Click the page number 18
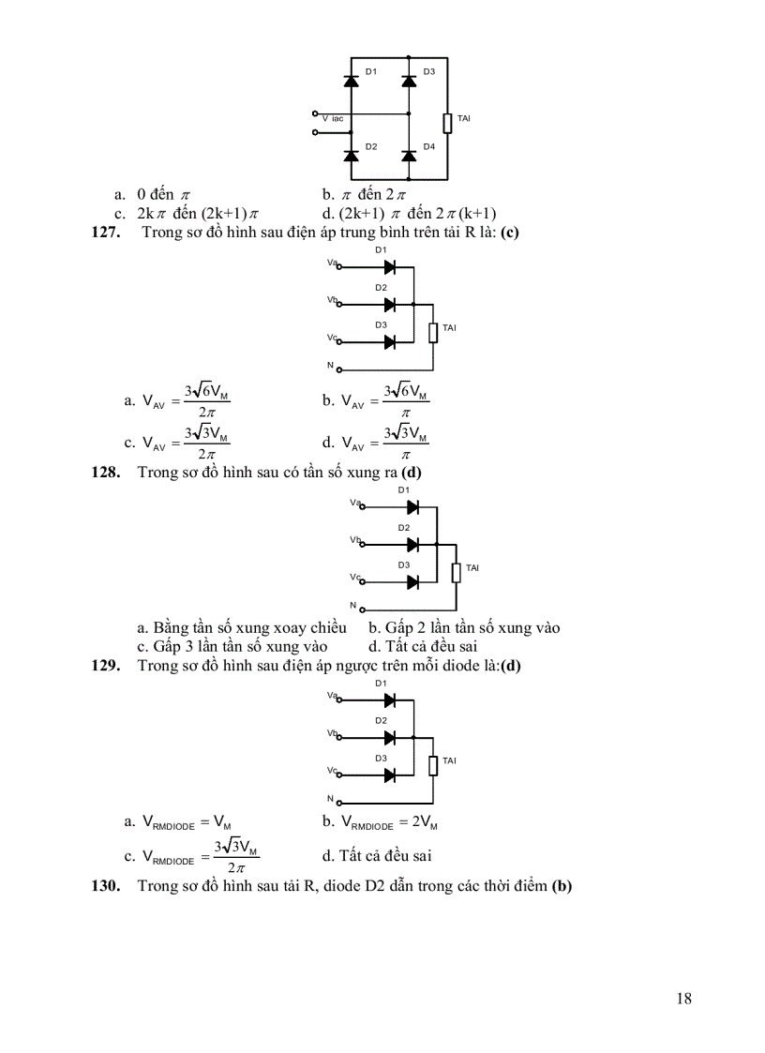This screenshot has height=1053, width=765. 683,999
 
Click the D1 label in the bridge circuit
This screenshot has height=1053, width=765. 371,72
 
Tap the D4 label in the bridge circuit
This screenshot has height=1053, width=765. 428,146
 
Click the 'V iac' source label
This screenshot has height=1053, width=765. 333,119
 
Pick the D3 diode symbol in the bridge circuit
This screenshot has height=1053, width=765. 409,81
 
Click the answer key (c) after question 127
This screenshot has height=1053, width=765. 510,233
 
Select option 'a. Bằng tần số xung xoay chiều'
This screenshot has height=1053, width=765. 242,627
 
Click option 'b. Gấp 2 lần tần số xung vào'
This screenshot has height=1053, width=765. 464,627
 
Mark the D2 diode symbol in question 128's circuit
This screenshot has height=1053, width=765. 412,545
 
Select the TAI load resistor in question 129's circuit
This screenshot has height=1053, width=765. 433,765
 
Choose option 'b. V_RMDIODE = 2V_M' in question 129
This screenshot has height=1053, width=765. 380,822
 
